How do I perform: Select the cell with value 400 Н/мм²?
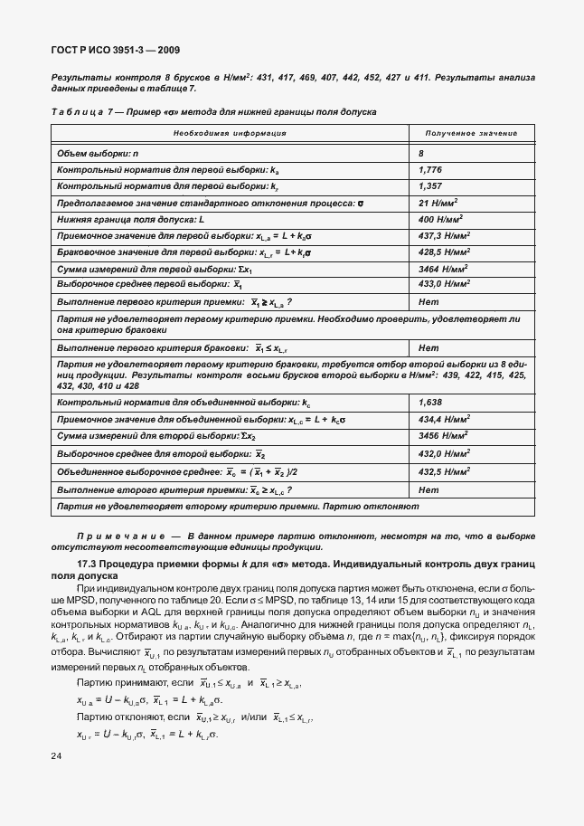pyautogui.click(x=441, y=220)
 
